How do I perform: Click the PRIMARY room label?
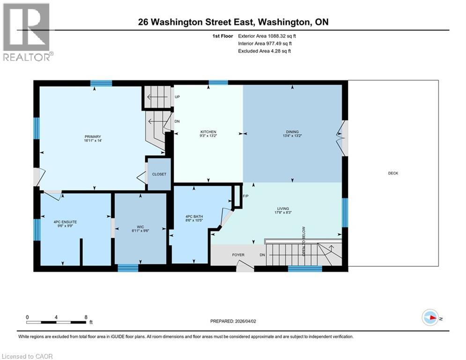[93, 137]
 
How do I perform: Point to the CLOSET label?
[159, 174]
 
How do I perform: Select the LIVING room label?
[282, 209]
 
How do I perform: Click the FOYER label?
[238, 255]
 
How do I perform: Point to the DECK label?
[393, 173]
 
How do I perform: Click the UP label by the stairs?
[178, 97]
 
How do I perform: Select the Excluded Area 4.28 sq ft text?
[264, 51]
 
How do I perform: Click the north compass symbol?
[429, 318]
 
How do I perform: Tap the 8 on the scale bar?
[86, 317]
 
